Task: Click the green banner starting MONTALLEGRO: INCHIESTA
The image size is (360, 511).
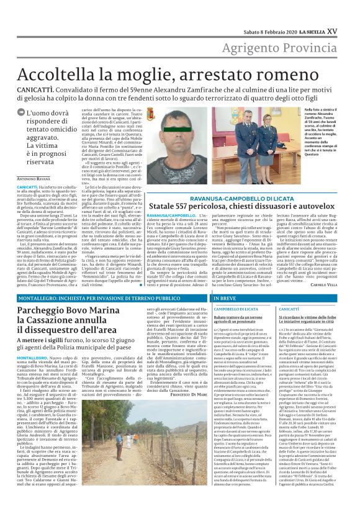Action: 87,298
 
